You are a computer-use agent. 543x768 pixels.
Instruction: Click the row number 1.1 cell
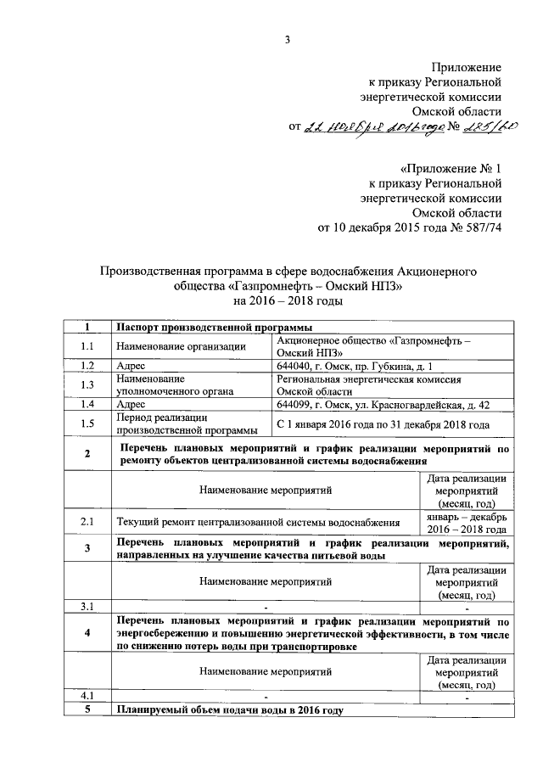(x=87, y=345)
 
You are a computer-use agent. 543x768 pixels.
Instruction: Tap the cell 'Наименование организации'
(x=182, y=345)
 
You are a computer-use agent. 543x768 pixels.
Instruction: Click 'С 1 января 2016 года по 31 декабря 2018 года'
(x=383, y=423)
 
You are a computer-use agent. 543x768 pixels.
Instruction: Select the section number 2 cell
(x=87, y=454)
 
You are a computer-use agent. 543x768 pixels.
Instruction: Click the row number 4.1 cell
(x=87, y=697)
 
